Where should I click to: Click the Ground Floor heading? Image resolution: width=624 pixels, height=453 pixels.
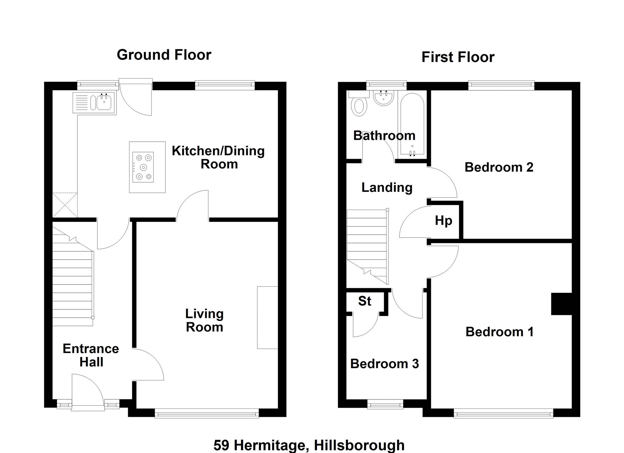pos(164,55)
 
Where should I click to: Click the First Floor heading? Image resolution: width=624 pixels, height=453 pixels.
pos(458,57)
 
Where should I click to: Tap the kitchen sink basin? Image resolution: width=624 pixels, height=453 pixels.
pos(104,102)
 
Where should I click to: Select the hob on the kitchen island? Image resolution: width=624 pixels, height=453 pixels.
pos(143,167)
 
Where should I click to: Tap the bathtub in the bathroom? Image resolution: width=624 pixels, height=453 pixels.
pos(412,124)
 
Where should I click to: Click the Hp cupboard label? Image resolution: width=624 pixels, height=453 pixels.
pos(443,221)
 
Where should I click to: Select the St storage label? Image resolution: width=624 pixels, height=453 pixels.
pos(365,301)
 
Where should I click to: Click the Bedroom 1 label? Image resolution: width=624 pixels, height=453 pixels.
pos(500,332)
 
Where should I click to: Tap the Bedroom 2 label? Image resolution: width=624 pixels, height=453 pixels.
pos(499,167)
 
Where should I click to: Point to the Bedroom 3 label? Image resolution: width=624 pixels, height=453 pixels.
pos(384,364)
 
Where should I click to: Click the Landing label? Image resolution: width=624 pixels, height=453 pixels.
pos(387,188)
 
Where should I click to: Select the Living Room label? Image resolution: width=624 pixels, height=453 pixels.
pos(204,320)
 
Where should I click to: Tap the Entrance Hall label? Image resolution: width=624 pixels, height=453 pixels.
pos(91,355)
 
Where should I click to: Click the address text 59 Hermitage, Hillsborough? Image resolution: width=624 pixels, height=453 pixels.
pos(309,445)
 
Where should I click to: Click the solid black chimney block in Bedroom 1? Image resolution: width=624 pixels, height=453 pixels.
pos(562,304)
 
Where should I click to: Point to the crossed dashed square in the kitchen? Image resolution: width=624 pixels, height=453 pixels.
pos(65,205)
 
